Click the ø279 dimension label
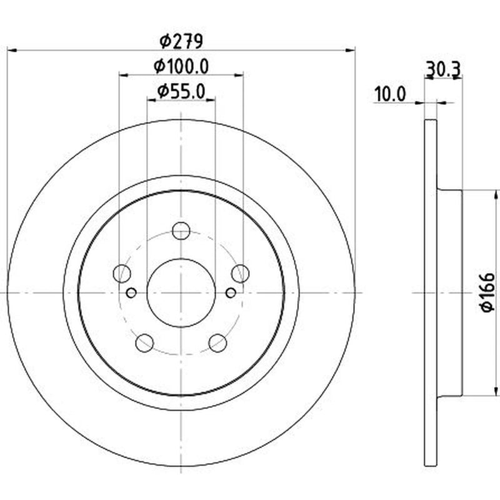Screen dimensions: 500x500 [181, 41]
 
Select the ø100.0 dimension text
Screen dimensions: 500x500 [181, 67]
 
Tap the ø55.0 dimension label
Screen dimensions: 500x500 [181, 92]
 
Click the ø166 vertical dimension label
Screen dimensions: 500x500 [487, 292]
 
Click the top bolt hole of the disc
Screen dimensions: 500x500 [181, 231]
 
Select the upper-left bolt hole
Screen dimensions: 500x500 [122, 273]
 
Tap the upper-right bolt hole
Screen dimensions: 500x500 [241, 273]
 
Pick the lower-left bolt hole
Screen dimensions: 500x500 [144, 342]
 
